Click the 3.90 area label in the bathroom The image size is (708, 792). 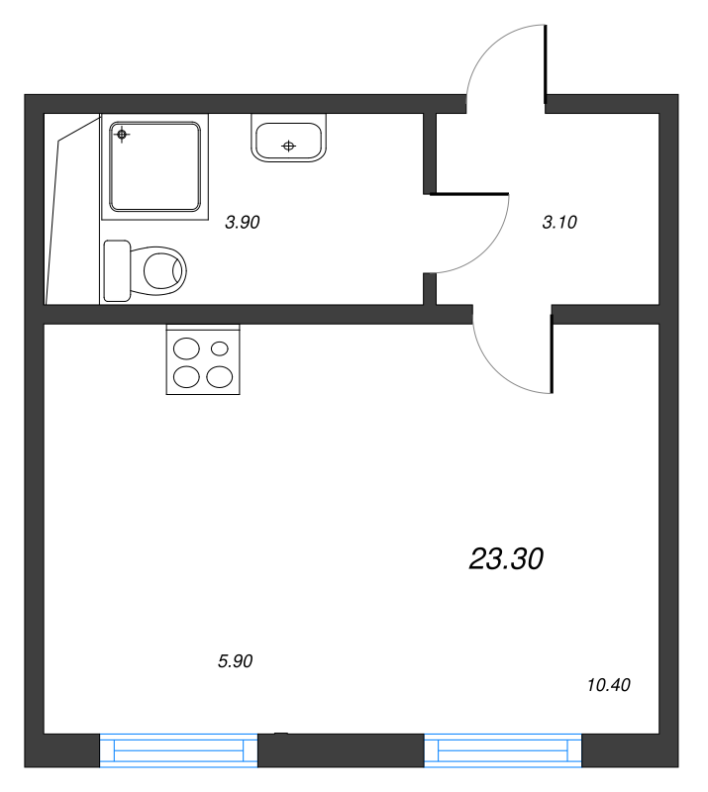pos(242,223)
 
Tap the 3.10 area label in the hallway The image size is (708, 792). pos(559,223)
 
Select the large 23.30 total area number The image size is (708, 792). pos(506,559)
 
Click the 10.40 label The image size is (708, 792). pos(608,684)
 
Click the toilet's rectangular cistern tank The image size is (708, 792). pos(117,270)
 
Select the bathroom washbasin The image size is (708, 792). pos(289,141)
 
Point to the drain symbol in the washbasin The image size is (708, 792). pos(289,147)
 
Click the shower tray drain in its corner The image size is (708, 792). pos(122,134)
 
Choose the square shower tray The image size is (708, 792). pos(155,165)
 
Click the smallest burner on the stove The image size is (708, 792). pos(220,348)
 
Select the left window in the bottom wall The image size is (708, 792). pos(178,750)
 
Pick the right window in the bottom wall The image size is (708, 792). pos(503,750)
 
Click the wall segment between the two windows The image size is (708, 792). pos(341,750)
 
